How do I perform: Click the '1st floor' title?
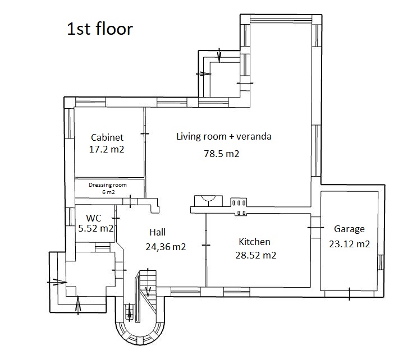point(100,29)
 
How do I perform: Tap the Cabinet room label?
point(107,137)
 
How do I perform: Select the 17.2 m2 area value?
point(107,149)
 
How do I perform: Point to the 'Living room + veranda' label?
point(224,137)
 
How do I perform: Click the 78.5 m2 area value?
point(222,154)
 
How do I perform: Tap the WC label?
point(94,218)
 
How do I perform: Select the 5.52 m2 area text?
point(96,228)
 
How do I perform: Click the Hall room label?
point(158,232)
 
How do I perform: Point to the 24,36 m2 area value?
point(166,247)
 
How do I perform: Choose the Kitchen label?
point(254,242)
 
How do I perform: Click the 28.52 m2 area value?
point(256,255)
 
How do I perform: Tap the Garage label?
point(349,229)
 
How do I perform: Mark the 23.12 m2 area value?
point(350,244)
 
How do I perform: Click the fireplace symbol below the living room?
point(208,201)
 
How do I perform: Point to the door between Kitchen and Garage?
point(315,228)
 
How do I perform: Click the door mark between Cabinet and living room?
point(145,134)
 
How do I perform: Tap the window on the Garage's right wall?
point(381,262)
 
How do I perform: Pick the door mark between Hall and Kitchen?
point(206,245)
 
